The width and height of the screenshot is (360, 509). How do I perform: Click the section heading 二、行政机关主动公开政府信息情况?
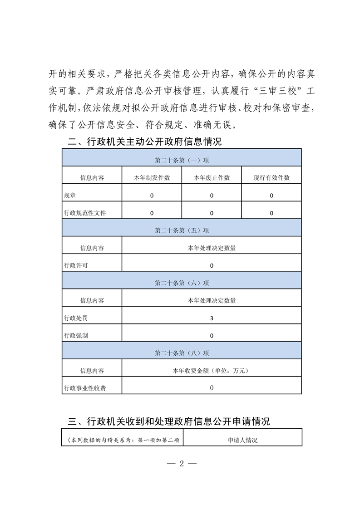[x=144, y=142]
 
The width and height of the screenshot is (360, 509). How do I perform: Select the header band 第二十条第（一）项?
[x=182, y=160]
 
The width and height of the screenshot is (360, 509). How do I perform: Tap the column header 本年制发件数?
[x=152, y=178]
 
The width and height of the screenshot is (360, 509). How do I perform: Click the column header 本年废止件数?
[x=212, y=178]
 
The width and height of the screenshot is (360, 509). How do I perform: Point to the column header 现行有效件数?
[x=271, y=178]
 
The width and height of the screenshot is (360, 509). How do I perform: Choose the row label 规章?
[x=70, y=196]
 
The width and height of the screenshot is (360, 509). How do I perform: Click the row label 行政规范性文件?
[x=85, y=213]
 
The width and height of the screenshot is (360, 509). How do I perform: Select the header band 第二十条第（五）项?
[x=182, y=230]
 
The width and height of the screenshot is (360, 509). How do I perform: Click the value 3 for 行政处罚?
[x=212, y=318]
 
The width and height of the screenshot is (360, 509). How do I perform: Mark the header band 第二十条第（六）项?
[x=182, y=283]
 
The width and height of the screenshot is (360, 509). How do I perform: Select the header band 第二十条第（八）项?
[x=182, y=353]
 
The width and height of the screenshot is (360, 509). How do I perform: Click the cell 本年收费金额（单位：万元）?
[x=212, y=371]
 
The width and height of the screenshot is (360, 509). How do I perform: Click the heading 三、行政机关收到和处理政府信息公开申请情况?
[x=168, y=421]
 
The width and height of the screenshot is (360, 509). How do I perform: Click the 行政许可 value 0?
[x=212, y=265]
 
